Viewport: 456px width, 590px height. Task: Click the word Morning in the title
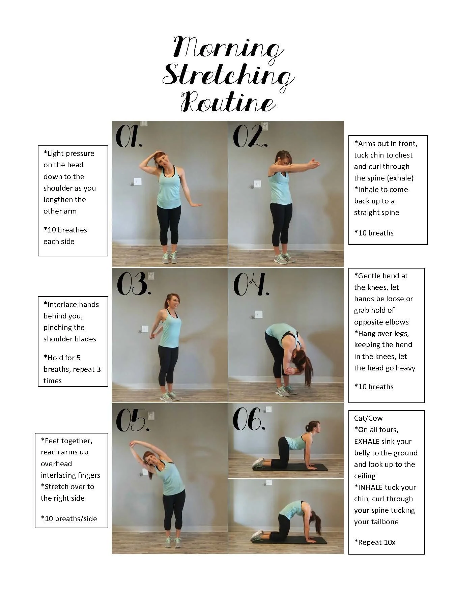[x=227, y=48]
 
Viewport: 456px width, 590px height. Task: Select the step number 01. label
[x=129, y=137]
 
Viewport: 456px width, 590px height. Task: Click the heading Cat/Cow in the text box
[x=368, y=418]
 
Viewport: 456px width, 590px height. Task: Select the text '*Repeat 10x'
[x=375, y=542]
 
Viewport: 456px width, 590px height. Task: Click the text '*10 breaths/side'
[x=69, y=518]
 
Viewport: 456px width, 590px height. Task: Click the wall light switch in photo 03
[x=145, y=329]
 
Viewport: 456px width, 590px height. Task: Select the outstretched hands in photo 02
[x=313, y=164]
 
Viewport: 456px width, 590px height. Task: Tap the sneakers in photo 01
[x=170, y=258]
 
